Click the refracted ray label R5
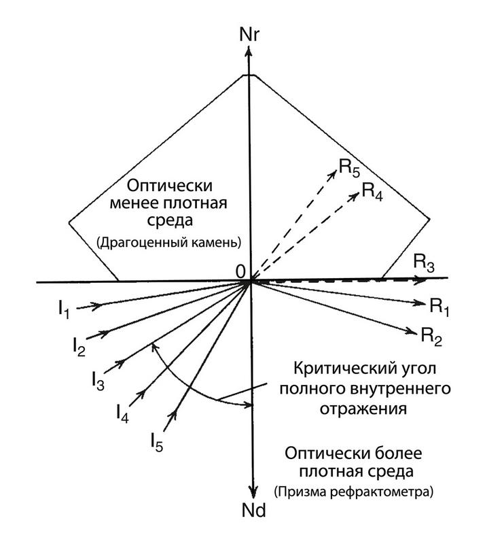pos(349,167)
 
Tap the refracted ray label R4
pos(372,190)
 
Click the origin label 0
pos(239,271)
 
